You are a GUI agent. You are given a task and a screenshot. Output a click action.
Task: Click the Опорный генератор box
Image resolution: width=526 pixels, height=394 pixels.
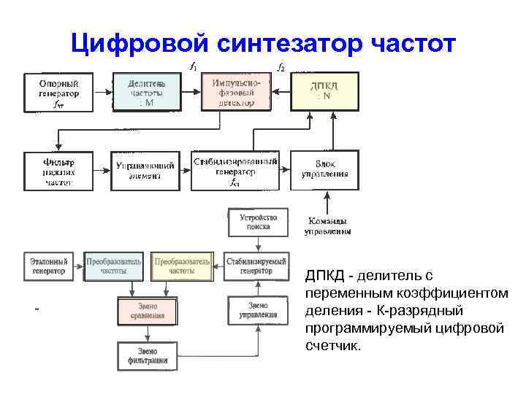[x=59, y=93]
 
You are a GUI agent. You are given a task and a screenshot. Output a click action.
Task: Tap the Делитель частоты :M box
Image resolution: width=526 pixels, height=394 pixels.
[x=145, y=93]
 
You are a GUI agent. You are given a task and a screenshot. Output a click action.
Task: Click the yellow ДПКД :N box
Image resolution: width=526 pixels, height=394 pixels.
[x=325, y=92]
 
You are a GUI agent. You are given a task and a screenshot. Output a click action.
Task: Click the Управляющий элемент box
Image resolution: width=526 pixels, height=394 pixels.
[x=145, y=171]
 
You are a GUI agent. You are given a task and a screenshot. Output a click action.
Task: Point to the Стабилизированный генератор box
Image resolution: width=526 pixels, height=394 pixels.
[x=235, y=171]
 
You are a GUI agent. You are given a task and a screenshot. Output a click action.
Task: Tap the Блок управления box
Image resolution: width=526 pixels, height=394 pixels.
[x=325, y=171]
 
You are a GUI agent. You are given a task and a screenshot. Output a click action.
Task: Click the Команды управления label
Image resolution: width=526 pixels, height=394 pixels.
[x=327, y=226]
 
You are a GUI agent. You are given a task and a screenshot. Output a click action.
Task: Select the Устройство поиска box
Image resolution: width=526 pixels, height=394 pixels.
[x=254, y=222]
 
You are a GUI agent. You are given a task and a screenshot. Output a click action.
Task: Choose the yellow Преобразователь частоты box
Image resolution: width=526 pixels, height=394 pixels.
[x=182, y=266]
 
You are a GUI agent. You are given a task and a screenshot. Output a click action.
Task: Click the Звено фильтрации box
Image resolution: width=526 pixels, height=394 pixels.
[x=147, y=355]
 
